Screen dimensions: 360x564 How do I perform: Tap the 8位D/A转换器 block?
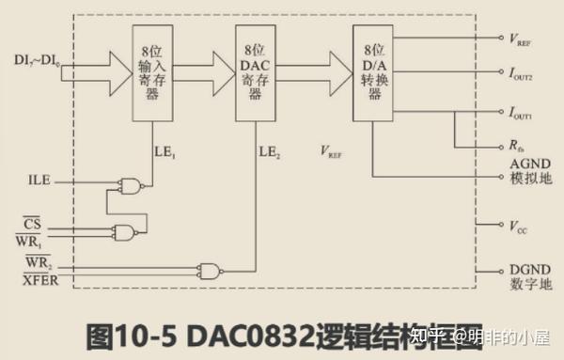[x=372, y=72]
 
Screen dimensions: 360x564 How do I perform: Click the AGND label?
[x=524, y=163]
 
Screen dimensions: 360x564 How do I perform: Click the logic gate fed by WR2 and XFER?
[x=210, y=271]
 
